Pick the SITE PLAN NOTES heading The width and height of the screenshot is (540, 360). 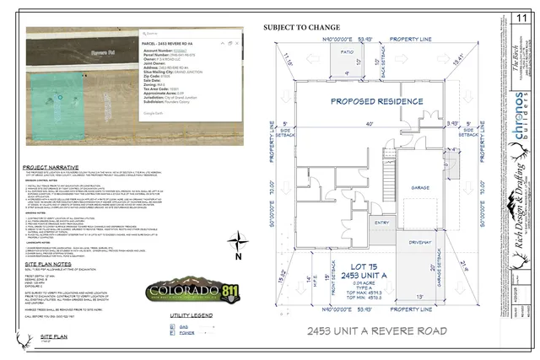[x=52, y=264]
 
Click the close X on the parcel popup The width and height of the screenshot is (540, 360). [x=233, y=40]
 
